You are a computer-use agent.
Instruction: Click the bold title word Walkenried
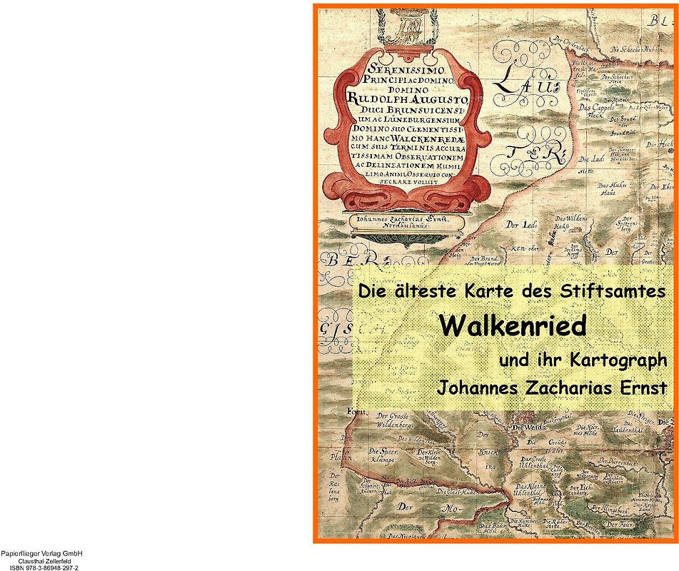click(512, 325)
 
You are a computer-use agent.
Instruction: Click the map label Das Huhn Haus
click(607, 188)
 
